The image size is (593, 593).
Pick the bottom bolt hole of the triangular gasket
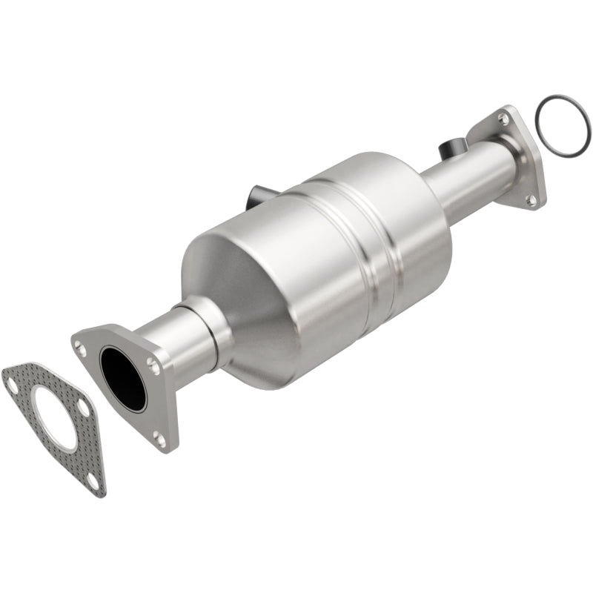pyautogui.click(x=91, y=480)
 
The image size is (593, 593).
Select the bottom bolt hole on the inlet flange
pyautogui.click(x=159, y=439)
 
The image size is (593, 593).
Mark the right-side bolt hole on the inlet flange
pyautogui.click(x=152, y=364)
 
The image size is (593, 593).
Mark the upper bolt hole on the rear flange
pyautogui.click(x=503, y=119)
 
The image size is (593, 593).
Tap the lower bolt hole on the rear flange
pyautogui.click(x=530, y=199)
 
